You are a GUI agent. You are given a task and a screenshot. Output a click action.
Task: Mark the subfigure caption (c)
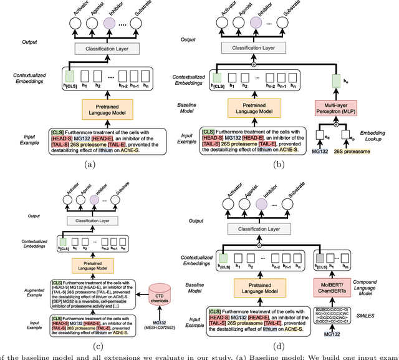99,346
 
